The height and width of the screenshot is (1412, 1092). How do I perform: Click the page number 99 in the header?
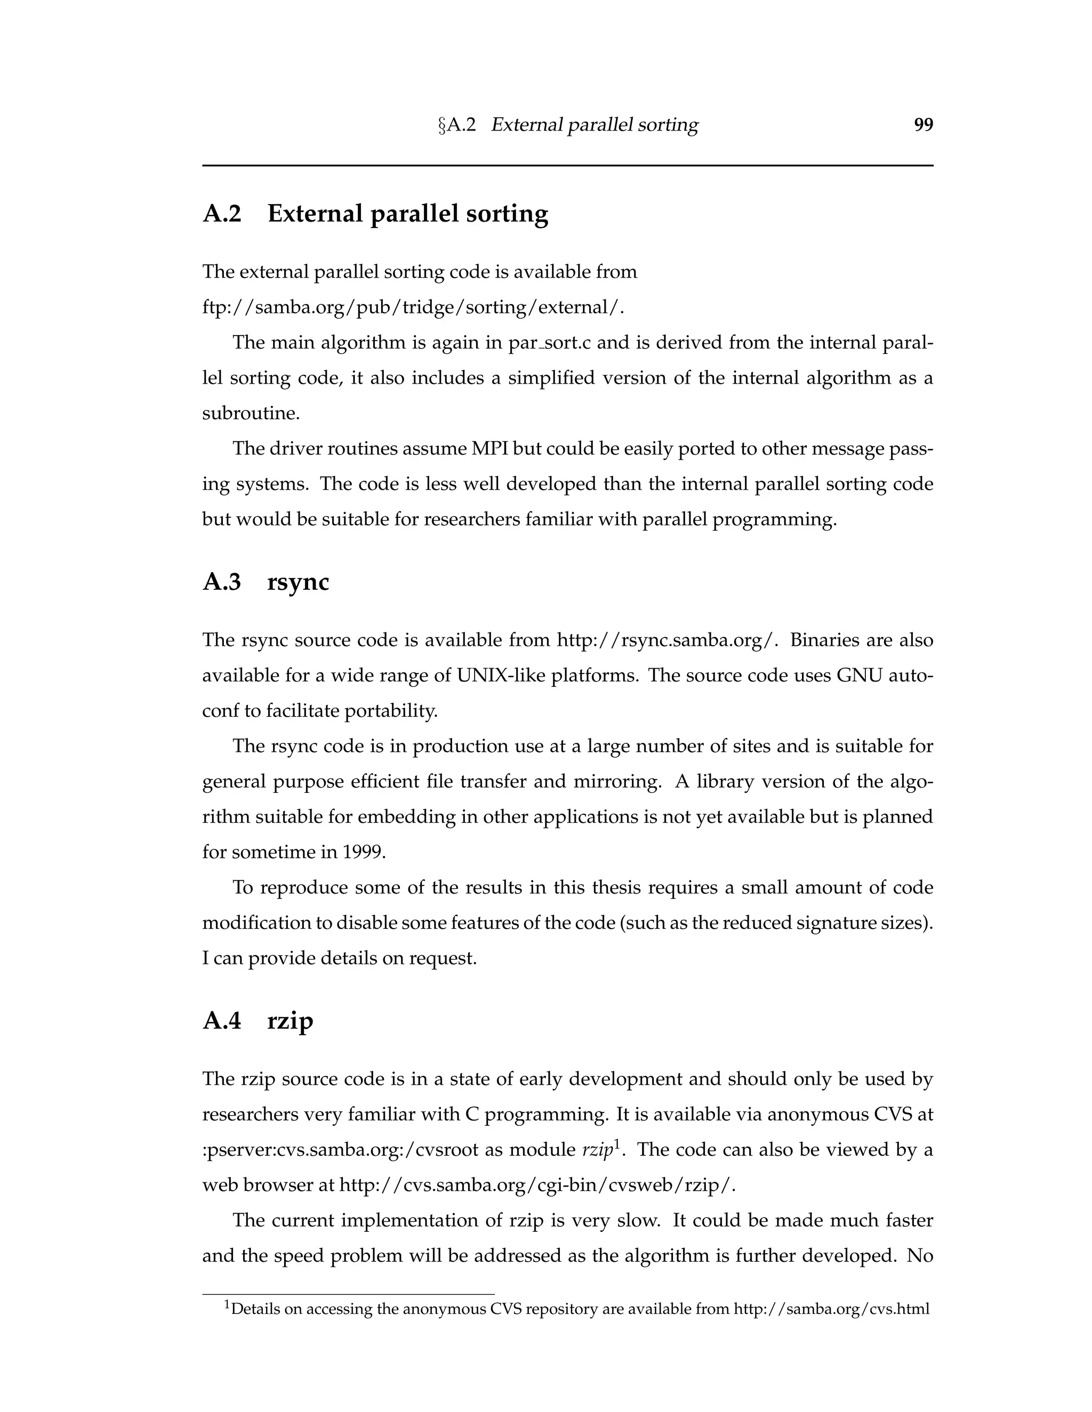click(x=923, y=125)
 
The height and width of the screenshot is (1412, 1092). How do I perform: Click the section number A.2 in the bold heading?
click(x=222, y=213)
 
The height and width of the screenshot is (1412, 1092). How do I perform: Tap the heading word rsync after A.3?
click(x=298, y=582)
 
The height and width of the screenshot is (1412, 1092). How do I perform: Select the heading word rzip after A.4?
click(x=290, y=1021)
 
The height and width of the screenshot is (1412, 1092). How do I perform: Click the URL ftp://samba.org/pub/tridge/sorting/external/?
click(x=413, y=307)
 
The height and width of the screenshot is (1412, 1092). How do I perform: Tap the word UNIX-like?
click(x=501, y=676)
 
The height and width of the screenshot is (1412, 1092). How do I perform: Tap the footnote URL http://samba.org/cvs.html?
click(x=831, y=1310)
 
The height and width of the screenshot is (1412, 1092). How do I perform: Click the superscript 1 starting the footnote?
click(x=227, y=1306)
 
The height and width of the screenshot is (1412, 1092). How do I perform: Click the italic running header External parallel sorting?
click(x=594, y=125)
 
